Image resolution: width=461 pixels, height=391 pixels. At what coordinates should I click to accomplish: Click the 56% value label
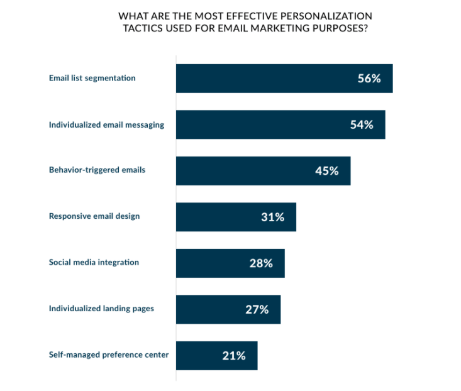369,79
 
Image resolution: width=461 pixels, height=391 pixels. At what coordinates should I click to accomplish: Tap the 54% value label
362,124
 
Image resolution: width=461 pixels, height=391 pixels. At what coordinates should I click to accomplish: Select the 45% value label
326,170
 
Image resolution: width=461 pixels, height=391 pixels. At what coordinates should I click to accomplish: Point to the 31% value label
272,217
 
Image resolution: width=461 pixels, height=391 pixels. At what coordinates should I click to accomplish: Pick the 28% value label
261,263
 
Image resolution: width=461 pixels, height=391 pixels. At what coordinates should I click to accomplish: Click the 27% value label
257,309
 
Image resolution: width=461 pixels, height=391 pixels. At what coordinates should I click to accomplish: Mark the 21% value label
233,356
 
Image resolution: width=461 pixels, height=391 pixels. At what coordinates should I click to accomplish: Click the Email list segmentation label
92,79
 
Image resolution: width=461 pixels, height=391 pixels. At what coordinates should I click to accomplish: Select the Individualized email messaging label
106,124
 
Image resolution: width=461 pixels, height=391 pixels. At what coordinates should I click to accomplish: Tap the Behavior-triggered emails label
97,170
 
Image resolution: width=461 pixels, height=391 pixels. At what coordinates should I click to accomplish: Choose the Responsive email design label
94,216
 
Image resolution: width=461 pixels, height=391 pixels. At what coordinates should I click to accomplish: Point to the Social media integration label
94,262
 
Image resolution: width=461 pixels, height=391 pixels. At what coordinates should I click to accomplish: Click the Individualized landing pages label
101,309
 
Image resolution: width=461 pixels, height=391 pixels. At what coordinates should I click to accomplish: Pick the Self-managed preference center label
109,355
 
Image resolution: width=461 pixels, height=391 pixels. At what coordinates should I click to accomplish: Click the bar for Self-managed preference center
216,356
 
